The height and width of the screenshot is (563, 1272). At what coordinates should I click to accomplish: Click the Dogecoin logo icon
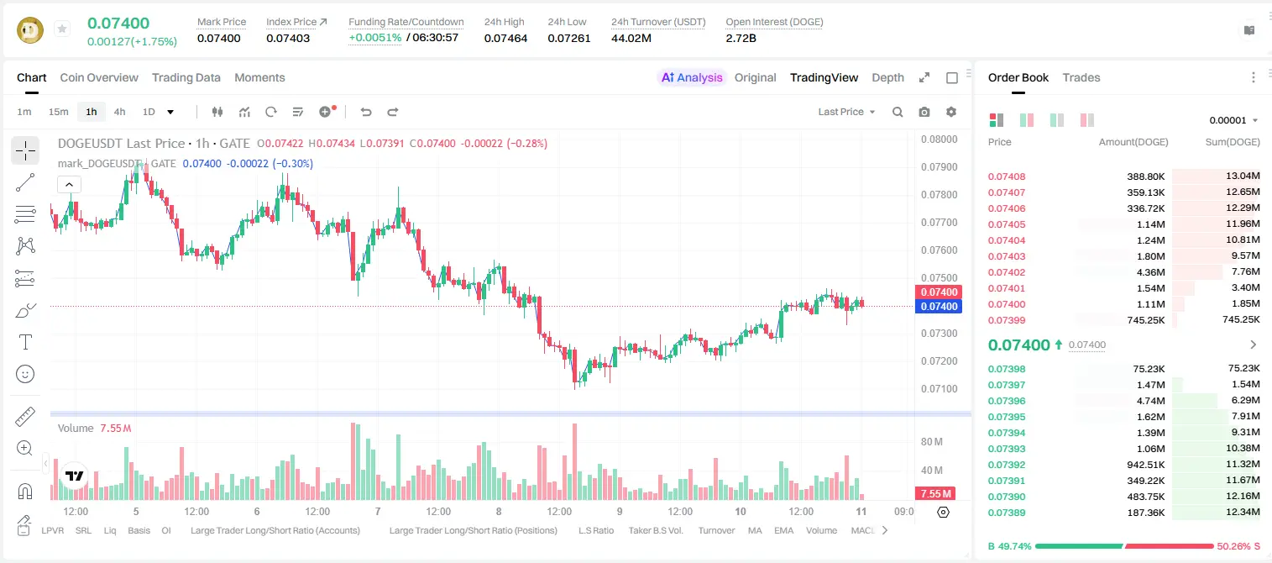pyautogui.click(x=30, y=30)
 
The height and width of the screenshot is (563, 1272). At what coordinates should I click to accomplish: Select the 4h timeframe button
pyautogui.click(x=119, y=112)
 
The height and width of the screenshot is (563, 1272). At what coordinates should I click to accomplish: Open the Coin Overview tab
pyautogui.click(x=99, y=77)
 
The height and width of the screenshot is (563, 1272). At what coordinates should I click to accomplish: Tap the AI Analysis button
pyautogui.click(x=692, y=77)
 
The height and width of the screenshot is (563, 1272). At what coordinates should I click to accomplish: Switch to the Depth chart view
pyautogui.click(x=887, y=77)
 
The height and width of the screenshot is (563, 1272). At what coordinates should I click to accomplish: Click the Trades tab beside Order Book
pyautogui.click(x=1081, y=77)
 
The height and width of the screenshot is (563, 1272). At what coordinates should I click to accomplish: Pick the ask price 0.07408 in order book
pyautogui.click(x=1007, y=176)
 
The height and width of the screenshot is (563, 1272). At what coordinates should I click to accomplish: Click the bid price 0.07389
pyautogui.click(x=1007, y=513)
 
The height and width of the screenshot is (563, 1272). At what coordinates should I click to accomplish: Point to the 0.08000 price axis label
pyautogui.click(x=940, y=139)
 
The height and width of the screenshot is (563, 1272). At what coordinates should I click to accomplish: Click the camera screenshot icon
pyautogui.click(x=924, y=112)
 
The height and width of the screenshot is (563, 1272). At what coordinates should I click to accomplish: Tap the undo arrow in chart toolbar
pyautogui.click(x=366, y=112)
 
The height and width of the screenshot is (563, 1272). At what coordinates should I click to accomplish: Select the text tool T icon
pyautogui.click(x=25, y=342)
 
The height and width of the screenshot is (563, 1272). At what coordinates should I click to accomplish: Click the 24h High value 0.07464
pyautogui.click(x=505, y=38)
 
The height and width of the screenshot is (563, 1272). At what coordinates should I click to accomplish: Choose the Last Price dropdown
pyautogui.click(x=846, y=112)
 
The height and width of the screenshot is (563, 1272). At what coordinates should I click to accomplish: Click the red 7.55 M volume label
pyautogui.click(x=935, y=494)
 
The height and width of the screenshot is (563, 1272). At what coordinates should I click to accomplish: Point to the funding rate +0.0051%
pyautogui.click(x=374, y=38)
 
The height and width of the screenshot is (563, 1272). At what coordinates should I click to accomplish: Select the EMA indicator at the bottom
pyautogui.click(x=783, y=530)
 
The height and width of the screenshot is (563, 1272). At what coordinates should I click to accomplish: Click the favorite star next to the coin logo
pyautogui.click(x=62, y=29)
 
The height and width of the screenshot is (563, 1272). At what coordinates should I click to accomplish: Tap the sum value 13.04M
pyautogui.click(x=1243, y=176)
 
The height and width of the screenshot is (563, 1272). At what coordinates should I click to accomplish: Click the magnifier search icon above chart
pyautogui.click(x=898, y=112)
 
